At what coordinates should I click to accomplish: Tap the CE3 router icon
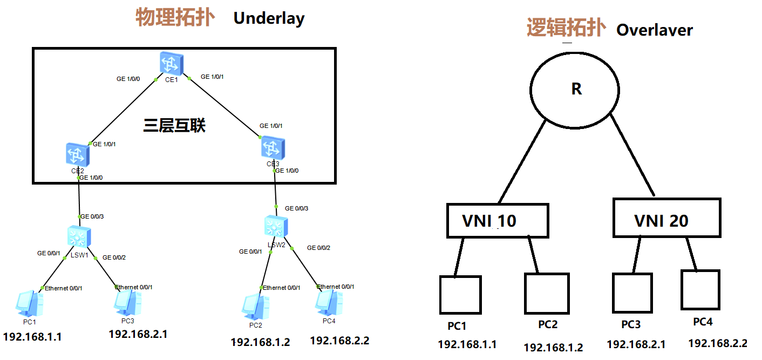click(273, 148)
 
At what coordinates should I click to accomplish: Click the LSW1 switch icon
click(79, 237)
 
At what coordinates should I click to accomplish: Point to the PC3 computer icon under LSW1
click(128, 302)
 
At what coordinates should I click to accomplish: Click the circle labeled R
click(576, 89)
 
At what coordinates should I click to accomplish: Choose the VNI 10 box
click(497, 220)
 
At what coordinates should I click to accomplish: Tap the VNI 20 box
click(666, 218)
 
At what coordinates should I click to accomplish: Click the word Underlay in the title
click(269, 18)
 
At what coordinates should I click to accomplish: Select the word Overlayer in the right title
click(654, 30)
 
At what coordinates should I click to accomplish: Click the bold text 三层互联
click(174, 126)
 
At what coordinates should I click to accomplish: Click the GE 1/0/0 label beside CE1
click(128, 79)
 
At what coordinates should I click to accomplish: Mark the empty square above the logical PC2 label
click(546, 294)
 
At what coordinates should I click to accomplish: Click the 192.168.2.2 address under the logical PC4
click(717, 343)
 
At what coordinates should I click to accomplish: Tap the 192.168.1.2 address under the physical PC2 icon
click(260, 342)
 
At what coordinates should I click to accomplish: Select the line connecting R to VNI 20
click(632, 154)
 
